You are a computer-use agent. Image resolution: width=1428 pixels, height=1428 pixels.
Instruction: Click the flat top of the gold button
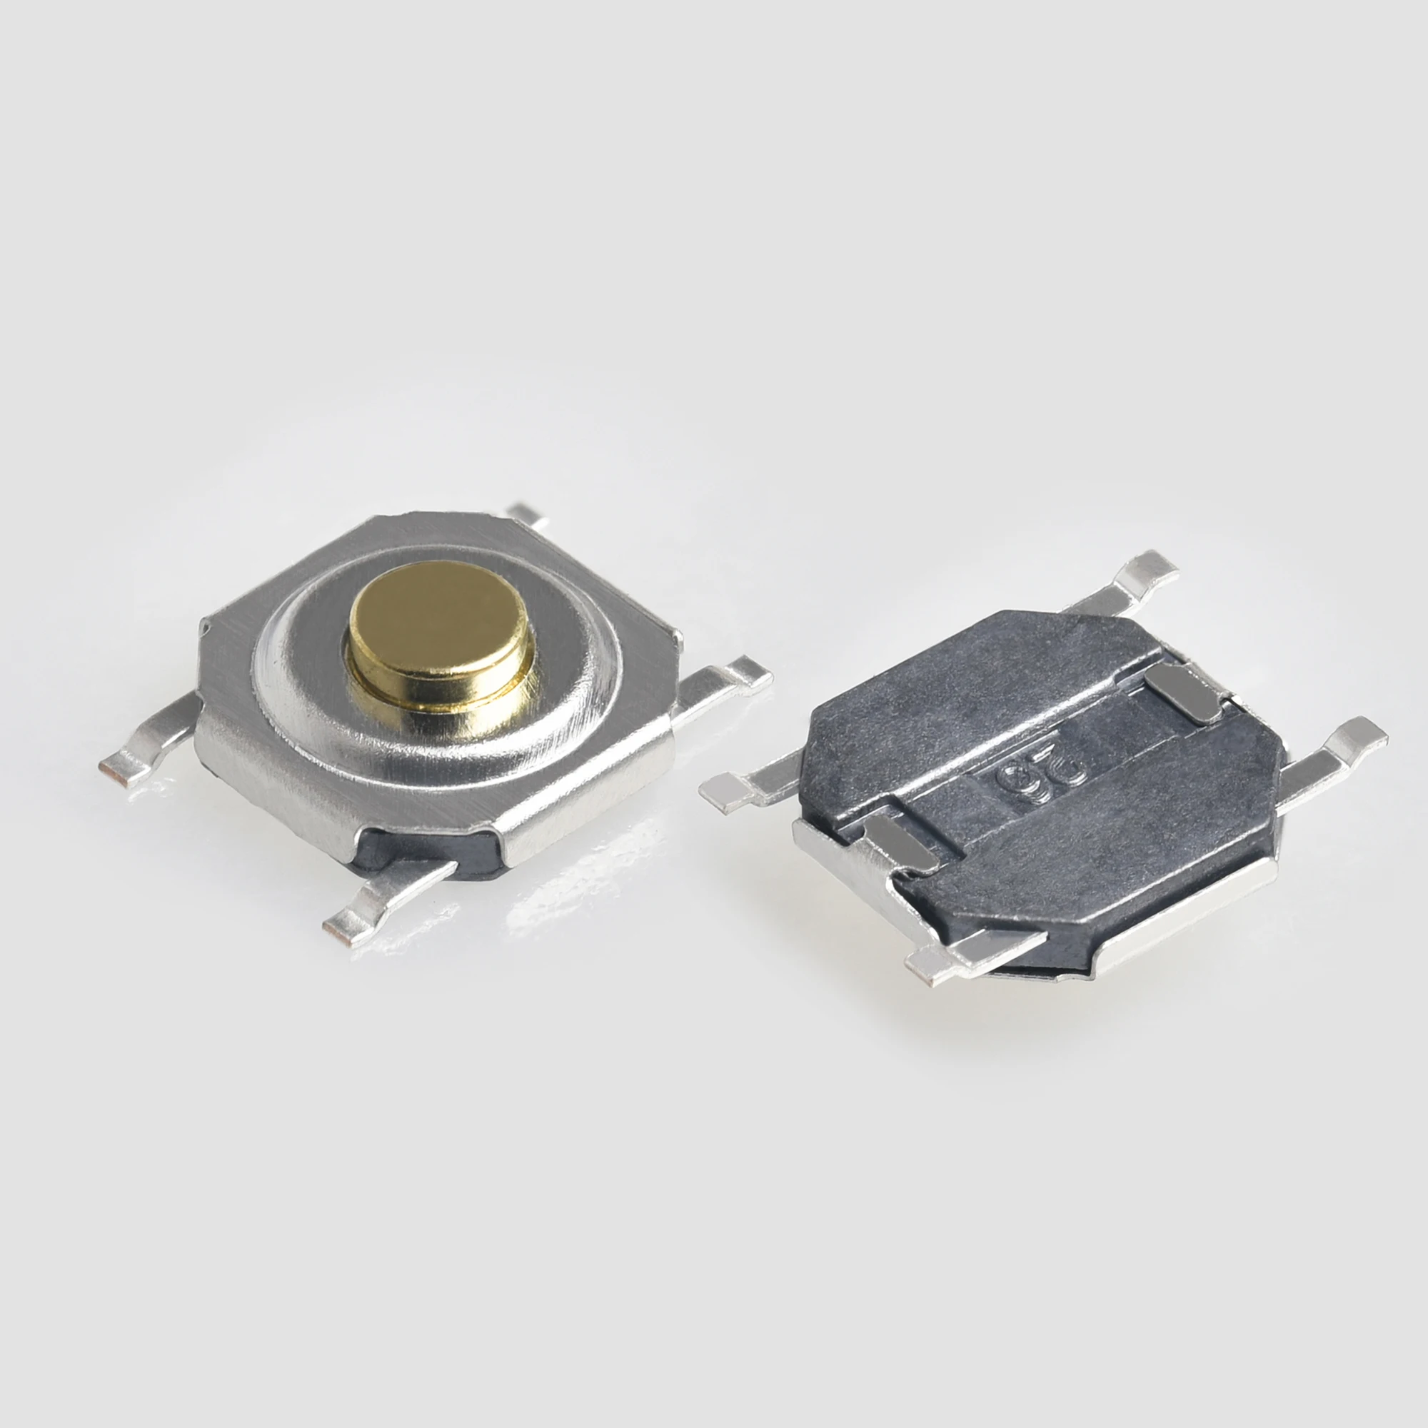tap(438, 617)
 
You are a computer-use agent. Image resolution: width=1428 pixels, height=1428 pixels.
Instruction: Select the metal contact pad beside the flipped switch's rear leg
tap(1182, 691)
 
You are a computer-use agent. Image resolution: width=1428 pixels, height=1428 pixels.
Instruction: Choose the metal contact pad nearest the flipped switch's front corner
tap(898, 843)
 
